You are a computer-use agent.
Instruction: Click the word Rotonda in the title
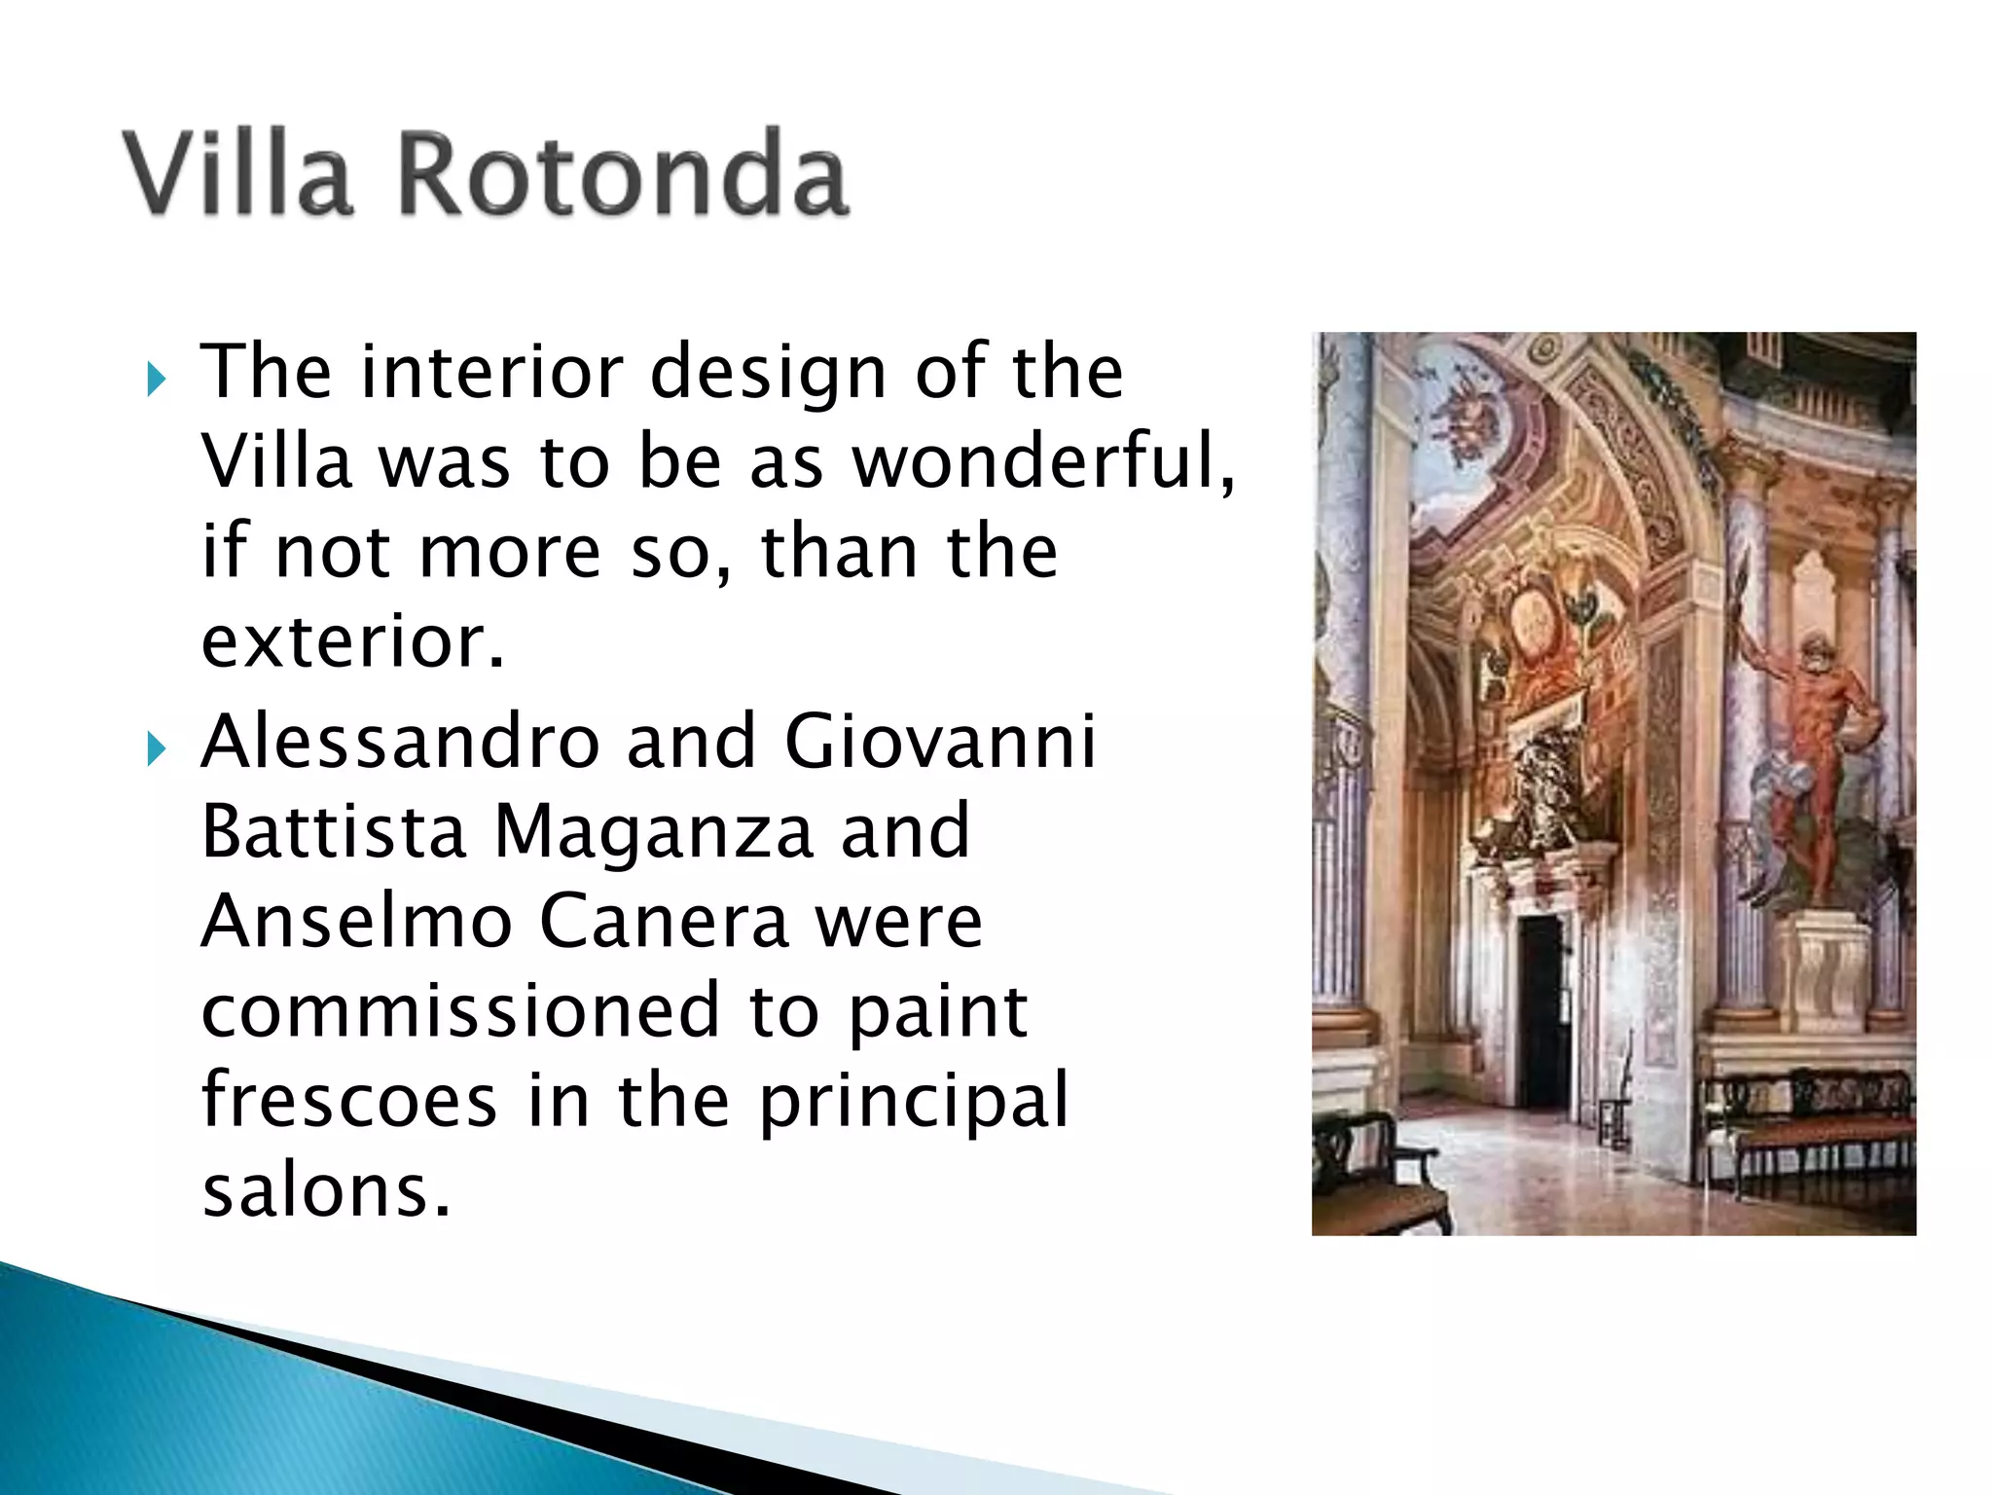tap(624, 175)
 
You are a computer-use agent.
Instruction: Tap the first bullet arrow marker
tap(155, 379)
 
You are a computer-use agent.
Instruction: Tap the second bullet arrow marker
tap(155, 748)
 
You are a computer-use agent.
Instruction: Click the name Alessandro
tap(400, 742)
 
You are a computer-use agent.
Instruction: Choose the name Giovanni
tap(940, 742)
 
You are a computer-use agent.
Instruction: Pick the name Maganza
tap(653, 831)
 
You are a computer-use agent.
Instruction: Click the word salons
tap(326, 1189)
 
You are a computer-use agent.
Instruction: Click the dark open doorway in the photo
tap(1542, 1012)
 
